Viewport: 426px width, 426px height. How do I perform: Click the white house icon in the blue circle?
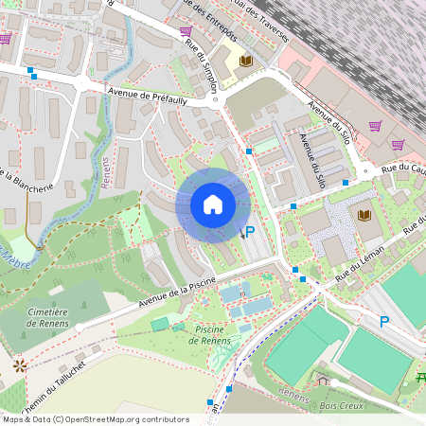(x=212, y=204)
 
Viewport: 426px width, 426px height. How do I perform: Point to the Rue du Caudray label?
(x=403, y=169)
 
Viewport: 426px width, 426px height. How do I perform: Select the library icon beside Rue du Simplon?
(x=247, y=61)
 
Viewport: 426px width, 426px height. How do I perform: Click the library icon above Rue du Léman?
(x=364, y=214)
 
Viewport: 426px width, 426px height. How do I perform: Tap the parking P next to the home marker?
(x=250, y=232)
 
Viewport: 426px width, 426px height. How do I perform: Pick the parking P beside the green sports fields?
(x=384, y=322)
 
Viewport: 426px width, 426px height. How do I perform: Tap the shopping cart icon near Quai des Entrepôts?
(x=186, y=31)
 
